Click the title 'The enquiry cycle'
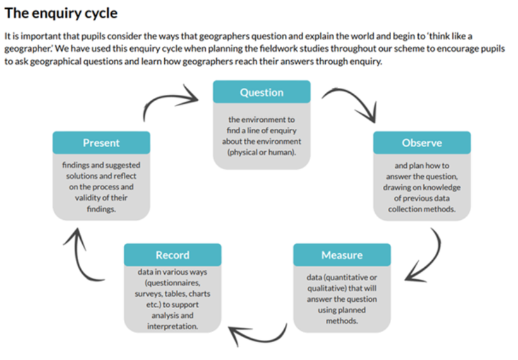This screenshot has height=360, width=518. coord(61,13)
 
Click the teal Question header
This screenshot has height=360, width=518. coord(262,92)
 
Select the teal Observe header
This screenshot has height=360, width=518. coord(422,143)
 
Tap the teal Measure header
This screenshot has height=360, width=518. coord(342,255)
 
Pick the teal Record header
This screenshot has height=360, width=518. coord(172,255)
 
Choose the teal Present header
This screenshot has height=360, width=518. coord(101,143)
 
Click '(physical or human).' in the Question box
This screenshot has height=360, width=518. coord(262,152)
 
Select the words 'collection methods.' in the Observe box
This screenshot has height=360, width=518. coord(422,209)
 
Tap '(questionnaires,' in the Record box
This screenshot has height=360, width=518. coord(172,283)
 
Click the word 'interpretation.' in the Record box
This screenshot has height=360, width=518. coord(172,327)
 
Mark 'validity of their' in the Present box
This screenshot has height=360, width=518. coord(101,198)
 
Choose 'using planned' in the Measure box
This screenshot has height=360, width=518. coord(342,310)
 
